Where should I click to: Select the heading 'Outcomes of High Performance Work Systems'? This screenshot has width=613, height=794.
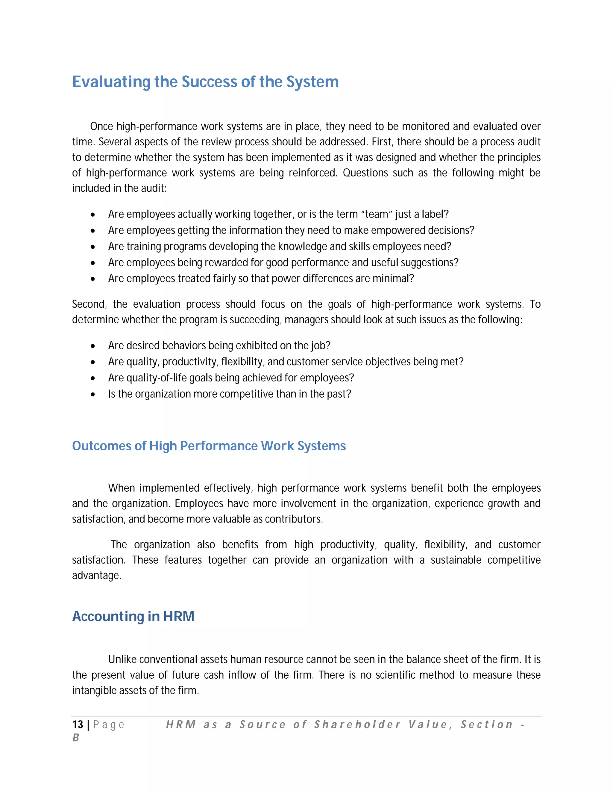pyautogui.click(x=209, y=446)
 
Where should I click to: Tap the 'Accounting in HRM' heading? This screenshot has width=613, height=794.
pyautogui.click(x=133, y=616)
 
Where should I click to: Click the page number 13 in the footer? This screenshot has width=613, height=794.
pyautogui.click(x=78, y=724)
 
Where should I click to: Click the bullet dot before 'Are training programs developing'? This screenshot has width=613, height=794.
pyautogui.click(x=93, y=247)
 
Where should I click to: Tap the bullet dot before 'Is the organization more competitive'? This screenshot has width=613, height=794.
pyautogui.click(x=93, y=395)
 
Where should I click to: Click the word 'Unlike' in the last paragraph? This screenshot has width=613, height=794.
pyautogui.click(x=122, y=659)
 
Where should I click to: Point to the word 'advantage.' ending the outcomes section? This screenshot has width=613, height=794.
pyautogui.click(x=97, y=576)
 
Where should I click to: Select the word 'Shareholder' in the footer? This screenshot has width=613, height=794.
pyautogui.click(x=358, y=724)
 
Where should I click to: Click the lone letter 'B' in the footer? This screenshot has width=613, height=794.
pyautogui.click(x=75, y=738)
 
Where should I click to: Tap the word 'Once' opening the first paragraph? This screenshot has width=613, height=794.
pyautogui.click(x=101, y=126)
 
